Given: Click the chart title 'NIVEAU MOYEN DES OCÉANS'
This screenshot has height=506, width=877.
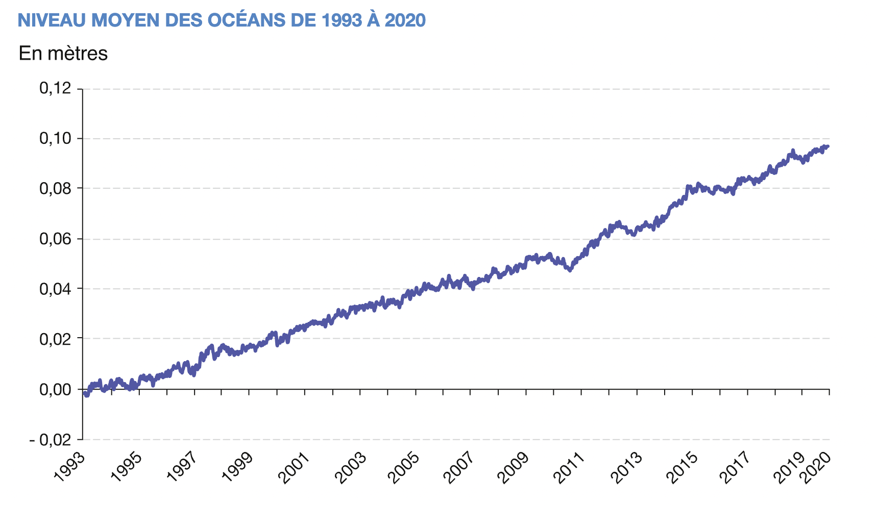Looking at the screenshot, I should pos(222,20).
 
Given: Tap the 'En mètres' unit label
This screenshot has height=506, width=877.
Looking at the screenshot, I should pos(63,54).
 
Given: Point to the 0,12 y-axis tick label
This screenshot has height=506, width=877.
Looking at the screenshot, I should pos(55,89).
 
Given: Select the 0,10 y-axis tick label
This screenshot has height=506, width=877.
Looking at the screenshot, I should pos(55,139).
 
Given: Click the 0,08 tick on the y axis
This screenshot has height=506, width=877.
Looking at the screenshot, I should pos(55,189).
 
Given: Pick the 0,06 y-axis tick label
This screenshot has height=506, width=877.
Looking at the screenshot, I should pos(55,239).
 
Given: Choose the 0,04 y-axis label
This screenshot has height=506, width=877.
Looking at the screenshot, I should pos(55,289).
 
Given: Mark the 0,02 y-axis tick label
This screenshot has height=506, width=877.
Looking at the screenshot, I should pos(55,339).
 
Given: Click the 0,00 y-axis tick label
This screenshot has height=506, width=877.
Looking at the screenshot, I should pos(55,390).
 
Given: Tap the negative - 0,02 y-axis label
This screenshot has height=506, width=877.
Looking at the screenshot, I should pos(52,440).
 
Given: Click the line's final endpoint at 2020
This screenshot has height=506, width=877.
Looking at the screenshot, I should pos(828,146).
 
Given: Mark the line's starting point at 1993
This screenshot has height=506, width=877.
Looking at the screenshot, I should pos(84,392).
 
